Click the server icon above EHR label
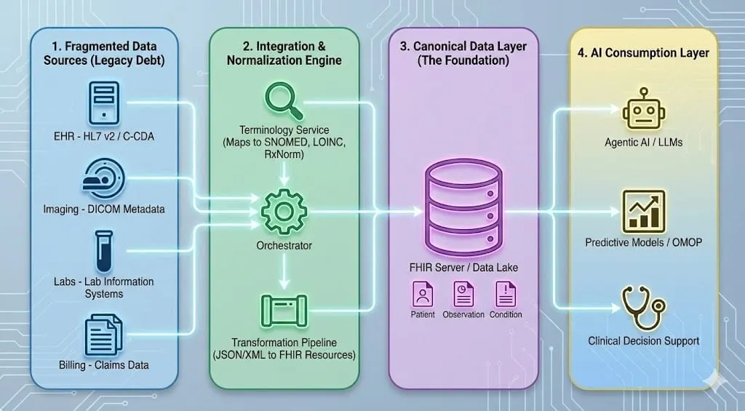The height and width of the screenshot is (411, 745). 103,104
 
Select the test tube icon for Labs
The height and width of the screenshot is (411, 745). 104,251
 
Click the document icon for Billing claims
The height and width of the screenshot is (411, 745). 103,334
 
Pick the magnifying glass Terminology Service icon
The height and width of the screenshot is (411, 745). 283,101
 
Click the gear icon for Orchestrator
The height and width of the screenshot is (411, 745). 284,210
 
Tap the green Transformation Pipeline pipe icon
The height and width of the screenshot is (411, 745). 284,311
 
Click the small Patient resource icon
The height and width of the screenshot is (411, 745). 423,295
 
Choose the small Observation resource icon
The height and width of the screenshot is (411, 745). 463,295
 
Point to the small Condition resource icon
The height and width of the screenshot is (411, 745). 505,295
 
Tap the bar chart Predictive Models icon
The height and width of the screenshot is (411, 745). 644,210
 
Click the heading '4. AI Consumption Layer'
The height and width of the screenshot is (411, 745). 643,52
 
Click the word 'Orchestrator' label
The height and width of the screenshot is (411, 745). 284,245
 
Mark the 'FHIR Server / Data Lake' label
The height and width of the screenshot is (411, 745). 463,268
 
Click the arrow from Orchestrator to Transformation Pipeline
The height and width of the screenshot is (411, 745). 284,271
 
